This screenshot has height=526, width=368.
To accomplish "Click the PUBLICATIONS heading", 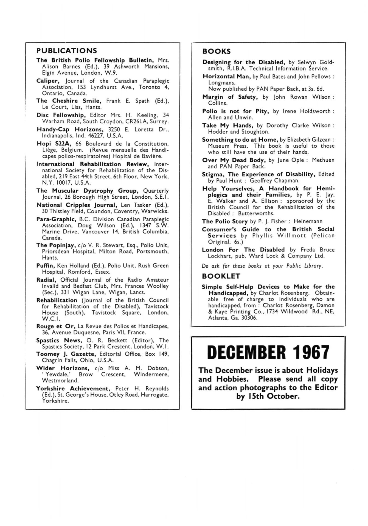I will pyautogui.click(x=67, y=51).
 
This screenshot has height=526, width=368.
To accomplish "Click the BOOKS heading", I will pyautogui.click(x=216, y=51).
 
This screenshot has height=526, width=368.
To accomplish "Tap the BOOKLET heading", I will pyautogui.click(x=221, y=276).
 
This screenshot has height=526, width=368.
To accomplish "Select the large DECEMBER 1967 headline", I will pyautogui.click(x=268, y=352).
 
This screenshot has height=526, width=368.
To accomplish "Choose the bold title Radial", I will pyautogui.click(x=46, y=280).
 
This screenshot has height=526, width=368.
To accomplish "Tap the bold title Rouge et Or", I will pyautogui.click(x=56, y=326).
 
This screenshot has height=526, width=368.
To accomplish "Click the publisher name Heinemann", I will pyautogui.click(x=309, y=221).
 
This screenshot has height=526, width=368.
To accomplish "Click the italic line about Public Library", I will pyautogui.click(x=262, y=266).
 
